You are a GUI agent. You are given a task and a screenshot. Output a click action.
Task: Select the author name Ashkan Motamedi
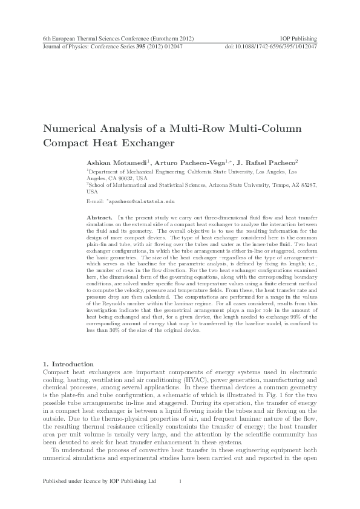click(x=110, y=163)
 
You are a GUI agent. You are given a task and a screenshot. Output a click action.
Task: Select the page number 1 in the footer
click(x=180, y=481)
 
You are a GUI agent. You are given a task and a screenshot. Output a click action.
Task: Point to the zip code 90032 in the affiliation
click(x=126, y=178)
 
